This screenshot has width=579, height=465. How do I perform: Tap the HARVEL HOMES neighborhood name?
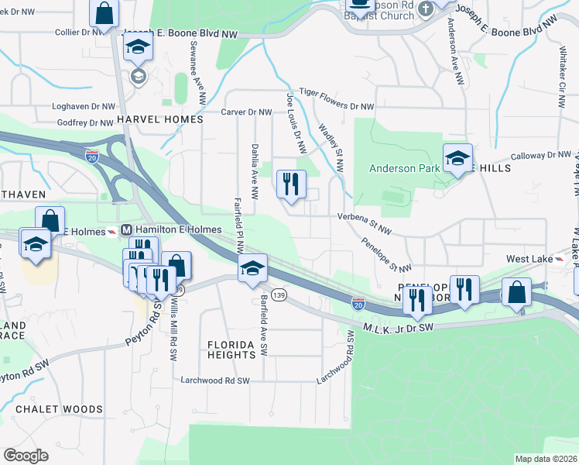coord(159,120)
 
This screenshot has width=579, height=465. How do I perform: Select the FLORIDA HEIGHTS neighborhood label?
coord(231,349)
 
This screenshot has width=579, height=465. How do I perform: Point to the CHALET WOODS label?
coord(59,409)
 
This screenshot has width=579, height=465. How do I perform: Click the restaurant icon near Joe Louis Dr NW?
coord(291,184)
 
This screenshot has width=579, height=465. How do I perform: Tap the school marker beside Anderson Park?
coord(457,158)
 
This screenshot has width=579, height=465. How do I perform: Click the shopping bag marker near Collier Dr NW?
coord(103,13)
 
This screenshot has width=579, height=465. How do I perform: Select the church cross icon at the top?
coord(424,9)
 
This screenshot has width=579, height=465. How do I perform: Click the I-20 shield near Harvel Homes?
coord(92,155)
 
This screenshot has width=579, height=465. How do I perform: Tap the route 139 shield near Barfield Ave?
coord(279,296)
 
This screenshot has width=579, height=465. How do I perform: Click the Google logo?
coord(26,455)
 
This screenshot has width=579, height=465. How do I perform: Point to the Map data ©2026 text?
coord(545,459)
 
